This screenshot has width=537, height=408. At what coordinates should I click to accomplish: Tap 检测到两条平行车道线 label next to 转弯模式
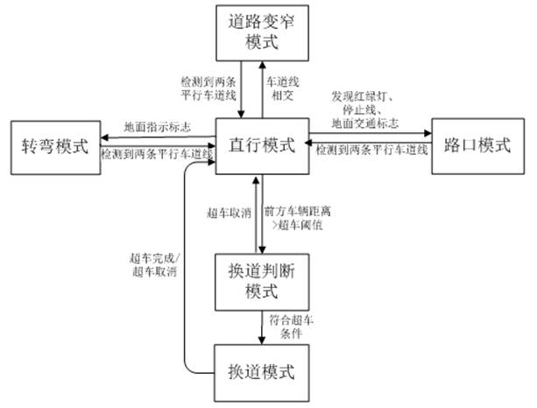(158, 154)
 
